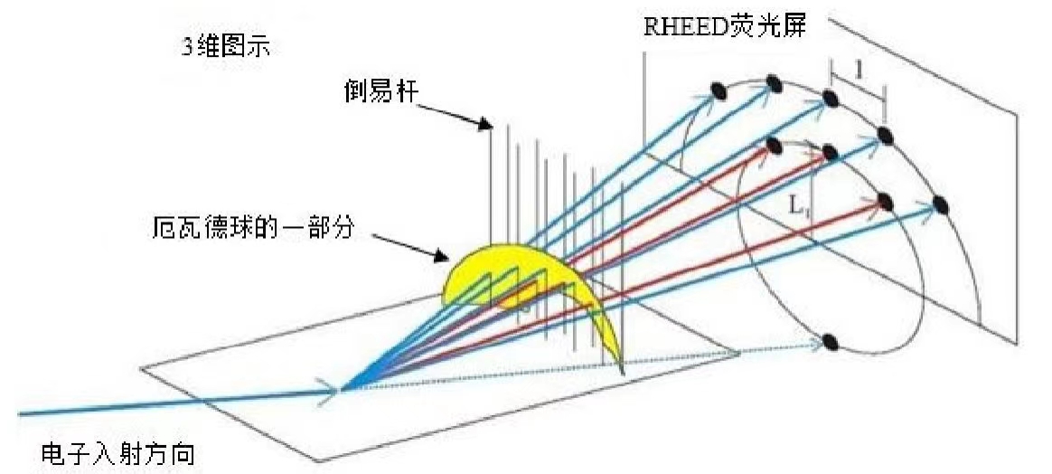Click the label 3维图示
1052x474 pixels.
pyautogui.click(x=226, y=47)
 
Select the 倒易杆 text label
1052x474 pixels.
pyautogui.click(x=380, y=93)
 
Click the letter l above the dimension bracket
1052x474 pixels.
pyautogui.click(x=859, y=69)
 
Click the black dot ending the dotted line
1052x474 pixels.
pyautogui.click(x=830, y=343)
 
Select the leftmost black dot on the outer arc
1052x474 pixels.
pyautogui.click(x=719, y=90)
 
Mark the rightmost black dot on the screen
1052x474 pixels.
pyautogui.click(x=941, y=204)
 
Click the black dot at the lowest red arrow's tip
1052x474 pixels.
pyautogui.click(x=885, y=202)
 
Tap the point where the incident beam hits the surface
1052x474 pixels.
pyautogui.click(x=343, y=389)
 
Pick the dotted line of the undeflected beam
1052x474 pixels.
pyautogui.click(x=584, y=366)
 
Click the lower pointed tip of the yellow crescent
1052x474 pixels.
pyautogui.click(x=622, y=373)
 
